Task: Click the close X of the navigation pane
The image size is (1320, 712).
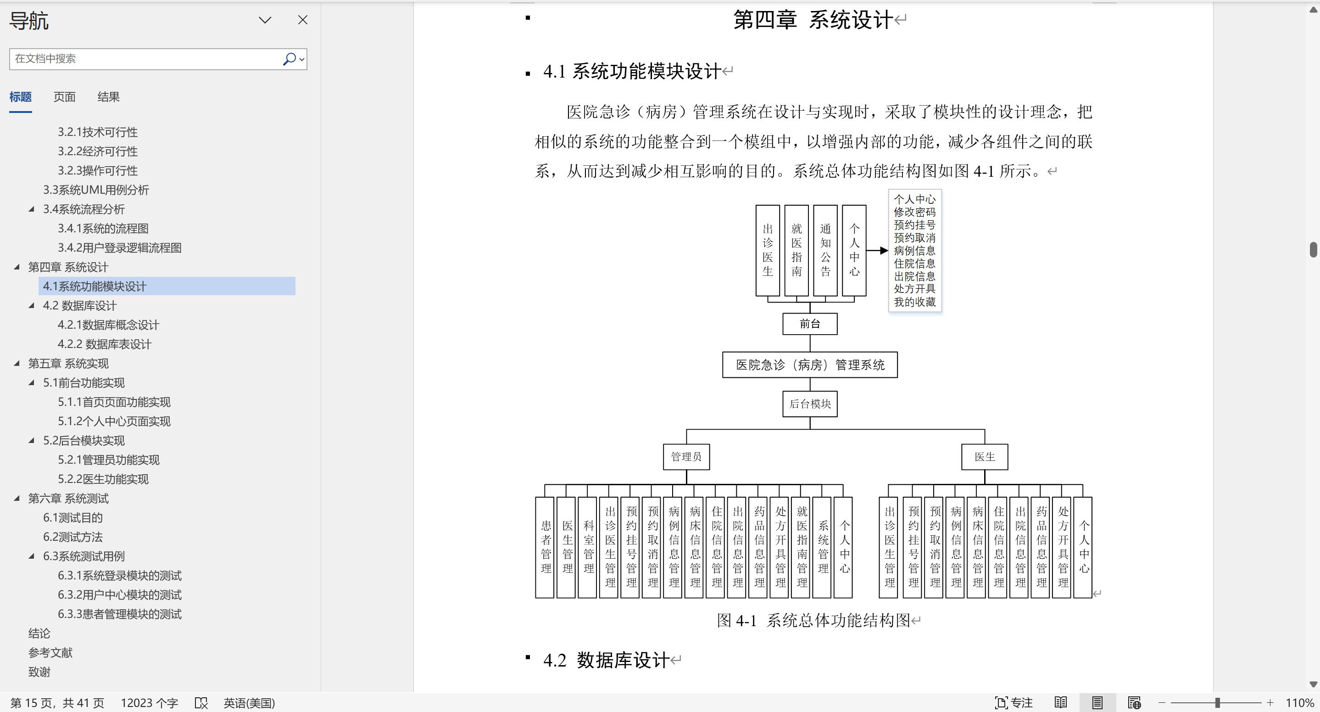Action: tap(303, 20)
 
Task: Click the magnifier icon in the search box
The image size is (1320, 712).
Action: tap(290, 59)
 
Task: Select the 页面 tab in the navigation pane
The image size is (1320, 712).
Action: tap(65, 97)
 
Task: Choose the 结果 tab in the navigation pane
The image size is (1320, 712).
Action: tap(109, 97)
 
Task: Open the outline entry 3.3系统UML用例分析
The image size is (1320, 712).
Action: tap(96, 190)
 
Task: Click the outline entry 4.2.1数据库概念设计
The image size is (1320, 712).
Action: tap(108, 325)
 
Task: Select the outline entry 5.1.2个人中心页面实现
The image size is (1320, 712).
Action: tap(114, 421)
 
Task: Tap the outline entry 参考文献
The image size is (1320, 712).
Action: tap(50, 652)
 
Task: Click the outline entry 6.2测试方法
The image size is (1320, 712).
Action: tap(73, 537)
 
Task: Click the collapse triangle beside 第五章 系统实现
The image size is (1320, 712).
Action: tap(17, 364)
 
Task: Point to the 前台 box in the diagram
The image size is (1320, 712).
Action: tap(810, 324)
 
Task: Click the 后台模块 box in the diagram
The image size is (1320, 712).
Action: tap(810, 404)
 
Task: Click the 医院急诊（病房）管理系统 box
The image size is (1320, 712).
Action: tap(810, 365)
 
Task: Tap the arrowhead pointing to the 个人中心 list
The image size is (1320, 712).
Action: tap(884, 251)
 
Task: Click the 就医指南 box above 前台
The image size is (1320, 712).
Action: tap(797, 251)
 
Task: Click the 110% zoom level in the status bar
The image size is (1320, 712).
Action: tap(1299, 703)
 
